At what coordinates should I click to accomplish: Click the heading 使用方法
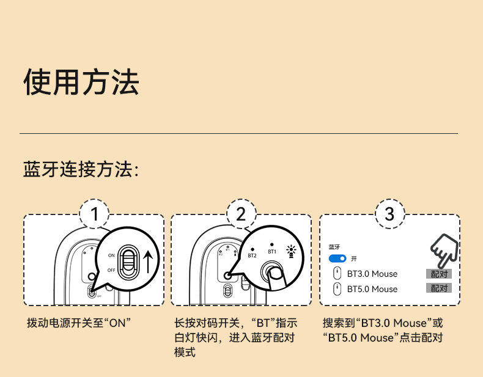81,82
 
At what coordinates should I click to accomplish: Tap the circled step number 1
95,214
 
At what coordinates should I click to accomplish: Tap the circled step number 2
241,214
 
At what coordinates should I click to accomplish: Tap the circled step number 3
390,214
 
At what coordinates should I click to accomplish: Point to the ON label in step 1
111,254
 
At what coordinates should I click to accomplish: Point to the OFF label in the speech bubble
111,269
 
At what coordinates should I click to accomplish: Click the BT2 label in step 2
252,255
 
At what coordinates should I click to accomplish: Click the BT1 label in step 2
272,251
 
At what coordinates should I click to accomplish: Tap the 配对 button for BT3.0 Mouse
439,274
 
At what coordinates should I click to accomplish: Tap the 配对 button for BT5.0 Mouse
439,288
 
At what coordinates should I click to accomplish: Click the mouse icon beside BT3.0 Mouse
336,274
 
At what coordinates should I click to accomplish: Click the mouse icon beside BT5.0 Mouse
336,288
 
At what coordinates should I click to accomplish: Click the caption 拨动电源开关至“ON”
79,323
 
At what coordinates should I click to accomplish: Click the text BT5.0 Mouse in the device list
372,289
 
